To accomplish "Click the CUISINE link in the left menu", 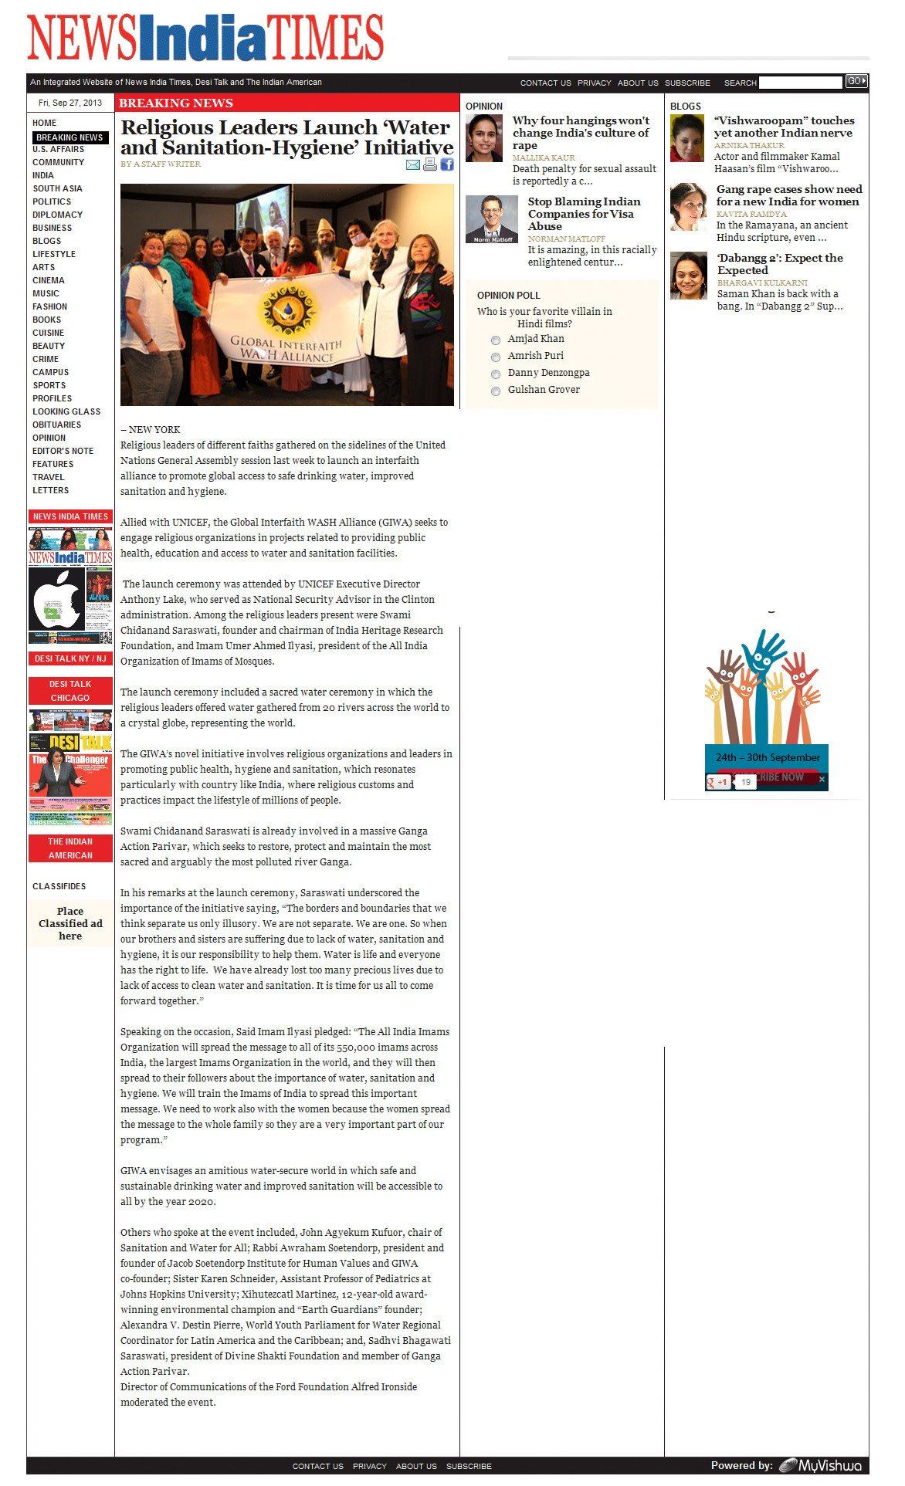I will pyautogui.click(x=48, y=333).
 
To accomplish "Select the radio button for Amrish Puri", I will pyautogui.click(x=496, y=357).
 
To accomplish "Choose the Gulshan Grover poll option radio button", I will pyautogui.click(x=496, y=391).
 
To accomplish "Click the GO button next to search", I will pyautogui.click(x=856, y=81).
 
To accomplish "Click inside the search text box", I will pyautogui.click(x=800, y=83).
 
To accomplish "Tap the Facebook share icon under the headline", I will pyautogui.click(x=447, y=164).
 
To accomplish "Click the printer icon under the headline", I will pyautogui.click(x=430, y=164).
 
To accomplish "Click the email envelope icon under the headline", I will pyautogui.click(x=413, y=164).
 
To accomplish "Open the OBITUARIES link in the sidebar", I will pyautogui.click(x=56, y=425).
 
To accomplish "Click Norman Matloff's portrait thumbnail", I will pyautogui.click(x=492, y=219).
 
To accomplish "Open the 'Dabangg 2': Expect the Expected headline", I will pyautogui.click(x=780, y=264).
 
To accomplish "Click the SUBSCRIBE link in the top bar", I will pyautogui.click(x=687, y=83).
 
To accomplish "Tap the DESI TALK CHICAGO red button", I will pyautogui.click(x=70, y=691).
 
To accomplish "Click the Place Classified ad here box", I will pyautogui.click(x=70, y=923).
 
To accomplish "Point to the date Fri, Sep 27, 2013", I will pyautogui.click(x=70, y=103).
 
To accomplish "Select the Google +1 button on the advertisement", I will pyautogui.click(x=718, y=782).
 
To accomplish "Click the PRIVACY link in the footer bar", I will pyautogui.click(x=370, y=1466).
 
